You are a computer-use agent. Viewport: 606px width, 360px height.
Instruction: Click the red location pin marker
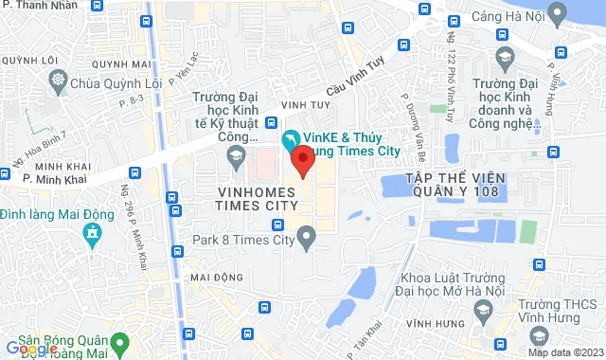point(302,160)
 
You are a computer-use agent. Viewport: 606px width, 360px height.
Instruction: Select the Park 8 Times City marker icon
point(306,240)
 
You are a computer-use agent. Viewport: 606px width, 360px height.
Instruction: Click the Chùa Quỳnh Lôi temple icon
point(60,81)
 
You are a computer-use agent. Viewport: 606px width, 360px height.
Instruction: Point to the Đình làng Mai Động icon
point(92,233)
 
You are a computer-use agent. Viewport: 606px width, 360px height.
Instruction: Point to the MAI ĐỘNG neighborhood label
point(217,277)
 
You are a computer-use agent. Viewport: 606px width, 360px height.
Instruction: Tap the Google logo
point(31,349)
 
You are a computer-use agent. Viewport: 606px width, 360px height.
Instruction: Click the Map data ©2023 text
point(564,352)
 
